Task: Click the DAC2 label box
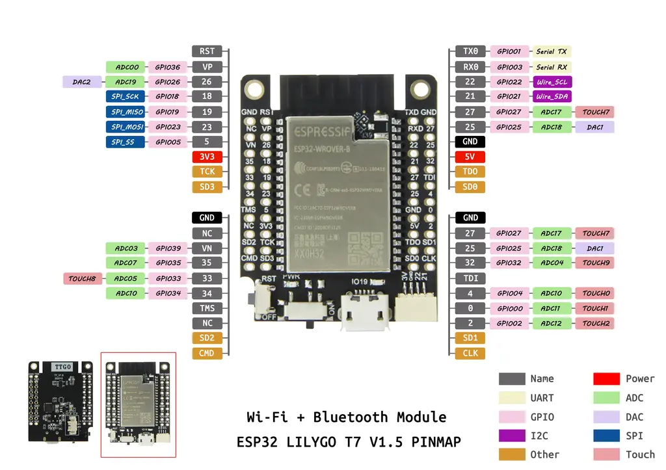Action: click(82, 82)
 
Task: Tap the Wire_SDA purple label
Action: click(553, 97)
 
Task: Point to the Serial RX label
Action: click(552, 67)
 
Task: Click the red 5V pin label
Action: click(470, 157)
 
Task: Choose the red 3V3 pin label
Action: click(207, 157)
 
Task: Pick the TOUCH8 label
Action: click(82, 278)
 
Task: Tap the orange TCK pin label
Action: click(207, 172)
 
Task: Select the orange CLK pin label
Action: click(470, 353)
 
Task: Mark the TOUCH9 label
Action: click(595, 263)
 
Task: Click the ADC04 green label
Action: click(552, 263)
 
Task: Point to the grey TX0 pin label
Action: click(470, 51)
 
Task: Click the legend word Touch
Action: click(640, 454)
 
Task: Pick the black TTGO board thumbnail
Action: click(60, 400)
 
